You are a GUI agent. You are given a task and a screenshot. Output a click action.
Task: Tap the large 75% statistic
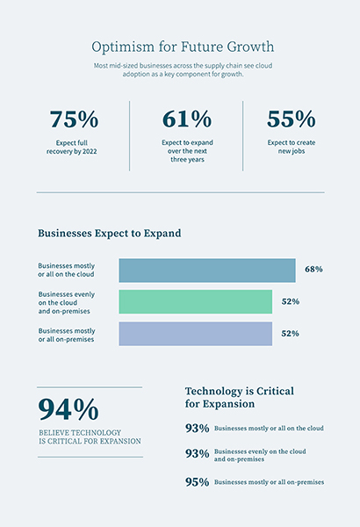[74, 119]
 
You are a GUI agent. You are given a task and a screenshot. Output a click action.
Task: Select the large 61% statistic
[187, 119]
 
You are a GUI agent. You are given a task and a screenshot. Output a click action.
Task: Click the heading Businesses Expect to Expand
[109, 234]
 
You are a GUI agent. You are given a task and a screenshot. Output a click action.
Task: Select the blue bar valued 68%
[206, 270]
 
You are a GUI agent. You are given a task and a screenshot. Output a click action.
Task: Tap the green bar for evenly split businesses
[195, 301]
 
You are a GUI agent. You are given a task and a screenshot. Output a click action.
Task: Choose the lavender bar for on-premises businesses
[195, 334]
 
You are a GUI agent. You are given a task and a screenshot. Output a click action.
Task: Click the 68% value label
[313, 269]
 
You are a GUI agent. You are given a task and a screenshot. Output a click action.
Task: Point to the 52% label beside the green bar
[291, 301]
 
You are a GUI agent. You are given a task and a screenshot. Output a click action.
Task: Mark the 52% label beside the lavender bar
[291, 334]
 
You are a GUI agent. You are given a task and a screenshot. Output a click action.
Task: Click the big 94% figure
[68, 410]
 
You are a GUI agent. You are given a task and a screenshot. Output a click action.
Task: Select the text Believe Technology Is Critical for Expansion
[90, 437]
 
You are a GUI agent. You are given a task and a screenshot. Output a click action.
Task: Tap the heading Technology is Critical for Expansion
[239, 397]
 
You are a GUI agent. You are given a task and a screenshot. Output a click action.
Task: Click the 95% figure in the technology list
[197, 482]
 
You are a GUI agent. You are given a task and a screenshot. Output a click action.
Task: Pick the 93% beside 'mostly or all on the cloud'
[197, 428]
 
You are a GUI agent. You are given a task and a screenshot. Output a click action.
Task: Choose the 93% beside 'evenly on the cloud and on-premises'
[197, 454]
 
